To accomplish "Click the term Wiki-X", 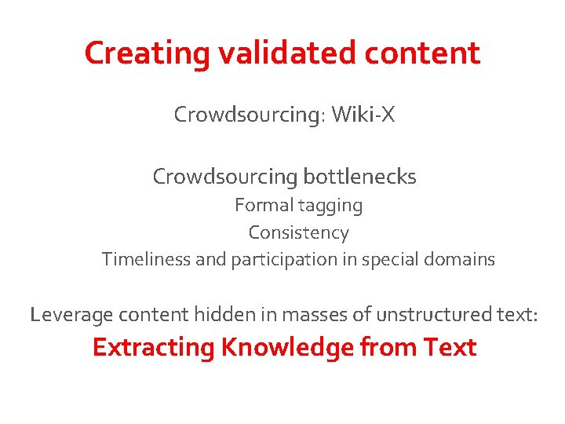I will tap(363, 115).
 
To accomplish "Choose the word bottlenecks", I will tap(365, 177).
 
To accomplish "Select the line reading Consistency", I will tap(298, 233).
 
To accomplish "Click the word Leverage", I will tap(71, 316).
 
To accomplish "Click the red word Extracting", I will tap(153, 347).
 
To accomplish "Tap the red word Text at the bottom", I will tap(450, 347).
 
